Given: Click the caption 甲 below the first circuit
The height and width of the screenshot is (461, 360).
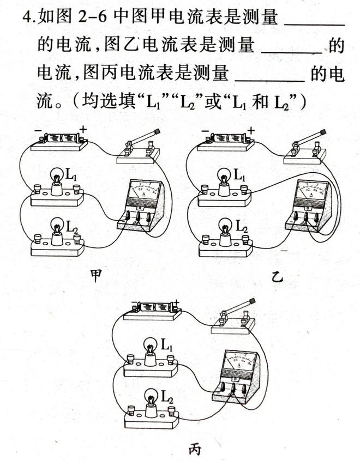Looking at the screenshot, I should point(96,277).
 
